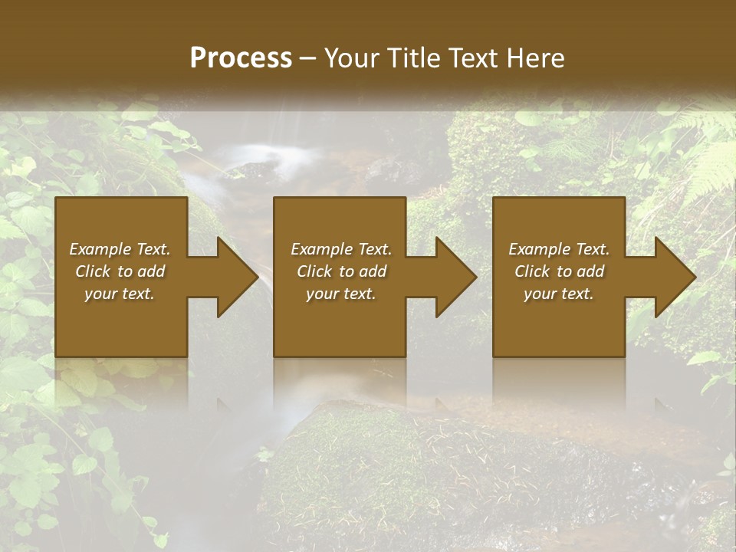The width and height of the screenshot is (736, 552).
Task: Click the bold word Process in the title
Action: [241, 58]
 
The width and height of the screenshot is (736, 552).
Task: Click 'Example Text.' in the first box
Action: [120, 249]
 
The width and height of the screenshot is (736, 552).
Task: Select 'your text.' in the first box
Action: [120, 294]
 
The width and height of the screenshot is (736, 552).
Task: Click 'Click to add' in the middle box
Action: [341, 271]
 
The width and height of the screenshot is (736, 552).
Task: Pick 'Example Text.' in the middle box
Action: [341, 249]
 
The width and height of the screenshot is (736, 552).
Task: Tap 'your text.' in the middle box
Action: [341, 294]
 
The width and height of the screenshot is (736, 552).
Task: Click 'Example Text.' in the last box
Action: [559, 249]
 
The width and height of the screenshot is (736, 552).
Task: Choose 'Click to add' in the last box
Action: [559, 271]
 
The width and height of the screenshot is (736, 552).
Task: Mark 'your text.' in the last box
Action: [559, 294]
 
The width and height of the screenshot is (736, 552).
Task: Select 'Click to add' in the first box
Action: [120, 271]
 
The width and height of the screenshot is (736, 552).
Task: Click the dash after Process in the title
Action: [308, 59]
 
